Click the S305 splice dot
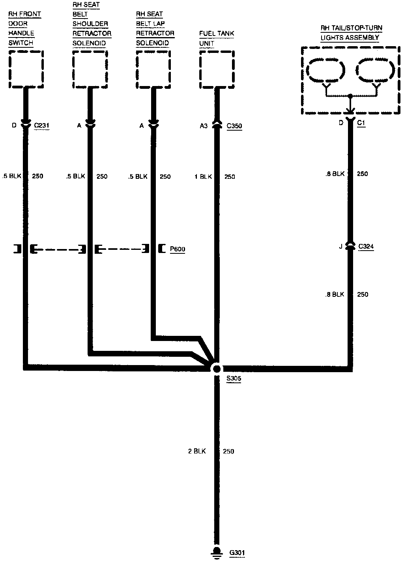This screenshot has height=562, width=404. click(216, 368)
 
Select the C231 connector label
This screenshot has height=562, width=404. click(42, 126)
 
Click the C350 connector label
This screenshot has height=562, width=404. click(234, 126)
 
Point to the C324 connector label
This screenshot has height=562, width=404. click(366, 247)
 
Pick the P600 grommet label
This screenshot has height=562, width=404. click(178, 249)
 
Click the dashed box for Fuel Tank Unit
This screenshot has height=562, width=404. click(217, 70)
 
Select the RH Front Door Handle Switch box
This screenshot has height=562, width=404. click(26, 70)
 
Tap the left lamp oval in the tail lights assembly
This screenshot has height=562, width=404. click(326, 71)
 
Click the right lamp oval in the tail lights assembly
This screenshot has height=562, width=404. click(375, 71)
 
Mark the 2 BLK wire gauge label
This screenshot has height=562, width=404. click(197, 451)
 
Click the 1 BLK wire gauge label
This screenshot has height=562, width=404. click(204, 177)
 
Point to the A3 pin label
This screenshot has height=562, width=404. click(204, 126)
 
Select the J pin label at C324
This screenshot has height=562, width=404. click(340, 247)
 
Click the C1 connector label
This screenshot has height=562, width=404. click(361, 123)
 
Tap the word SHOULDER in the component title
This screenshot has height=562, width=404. click(90, 24)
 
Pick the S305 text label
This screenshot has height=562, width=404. click(234, 379)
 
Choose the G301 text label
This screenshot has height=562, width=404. click(237, 552)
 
